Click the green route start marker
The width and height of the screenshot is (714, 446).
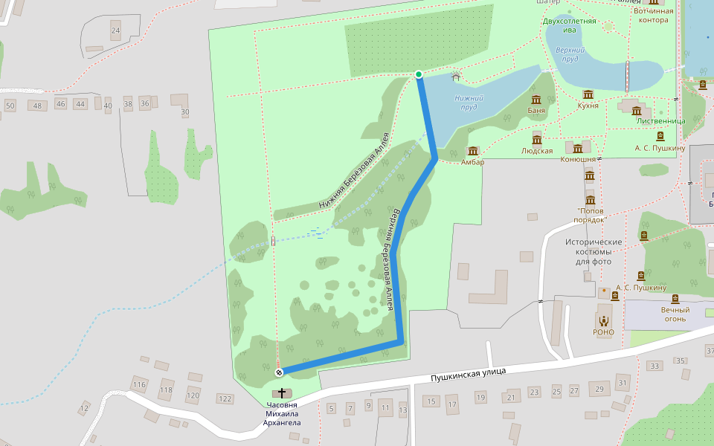point(419,74)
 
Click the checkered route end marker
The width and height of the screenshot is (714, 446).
point(280,372)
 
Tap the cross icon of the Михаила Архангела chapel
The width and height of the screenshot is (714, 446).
point(282,392)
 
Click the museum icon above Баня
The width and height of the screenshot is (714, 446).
point(535,100)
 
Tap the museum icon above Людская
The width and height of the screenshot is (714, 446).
point(537,139)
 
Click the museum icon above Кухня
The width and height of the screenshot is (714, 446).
point(588,94)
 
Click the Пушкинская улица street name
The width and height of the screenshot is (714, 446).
point(469,374)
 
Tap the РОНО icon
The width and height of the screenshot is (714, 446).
point(603,320)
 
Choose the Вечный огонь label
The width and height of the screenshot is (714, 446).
point(675,314)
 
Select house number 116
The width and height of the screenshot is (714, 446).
point(139,384)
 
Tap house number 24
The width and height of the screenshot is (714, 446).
point(115,31)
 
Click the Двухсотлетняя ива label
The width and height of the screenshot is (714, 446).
point(570,25)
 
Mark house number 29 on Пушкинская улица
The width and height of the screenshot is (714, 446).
point(599,388)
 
